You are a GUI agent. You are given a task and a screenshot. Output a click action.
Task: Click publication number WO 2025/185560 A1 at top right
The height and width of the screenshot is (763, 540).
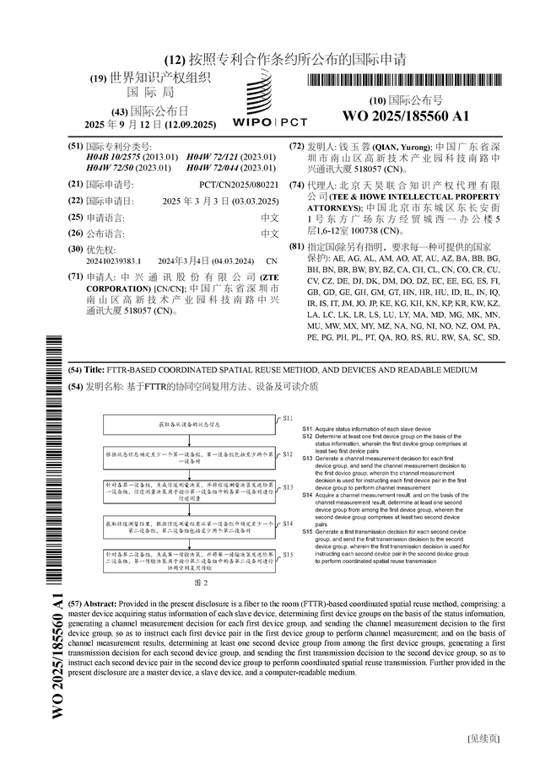[x=406, y=116]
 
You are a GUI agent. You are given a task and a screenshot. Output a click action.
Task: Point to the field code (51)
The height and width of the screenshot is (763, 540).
[x=75, y=146]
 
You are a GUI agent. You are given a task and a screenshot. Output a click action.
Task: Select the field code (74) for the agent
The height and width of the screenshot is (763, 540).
[x=296, y=185]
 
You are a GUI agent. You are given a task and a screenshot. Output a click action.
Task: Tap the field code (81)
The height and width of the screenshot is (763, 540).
[x=296, y=245]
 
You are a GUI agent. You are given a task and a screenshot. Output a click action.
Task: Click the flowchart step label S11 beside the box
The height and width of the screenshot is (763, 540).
[x=287, y=417]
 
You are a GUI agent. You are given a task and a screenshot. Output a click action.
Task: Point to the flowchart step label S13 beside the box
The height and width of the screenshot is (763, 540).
[x=287, y=487]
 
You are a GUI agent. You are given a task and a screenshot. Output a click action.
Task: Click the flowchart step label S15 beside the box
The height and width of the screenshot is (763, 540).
[x=287, y=555]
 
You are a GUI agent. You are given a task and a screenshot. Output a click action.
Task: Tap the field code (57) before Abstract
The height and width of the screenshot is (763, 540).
[x=76, y=604]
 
